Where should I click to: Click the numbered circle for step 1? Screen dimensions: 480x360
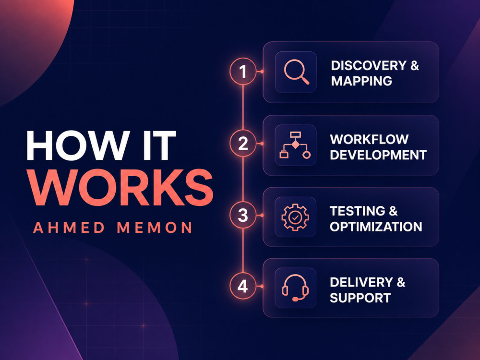coord(243,72)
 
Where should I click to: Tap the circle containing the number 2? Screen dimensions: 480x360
coord(243,143)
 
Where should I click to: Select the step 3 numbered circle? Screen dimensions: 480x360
coord(243,215)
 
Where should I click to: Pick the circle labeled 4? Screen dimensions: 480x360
coord(243,286)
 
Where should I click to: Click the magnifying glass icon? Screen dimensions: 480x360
coord(296,72)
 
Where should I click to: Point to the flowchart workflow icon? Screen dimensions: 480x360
coord(295,145)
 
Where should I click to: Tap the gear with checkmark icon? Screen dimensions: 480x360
coord(295,217)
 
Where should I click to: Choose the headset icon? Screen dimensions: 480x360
coord(295,288)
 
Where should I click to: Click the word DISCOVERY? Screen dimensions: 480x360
coord(369,65)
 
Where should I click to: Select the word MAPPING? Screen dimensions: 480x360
coord(361,81)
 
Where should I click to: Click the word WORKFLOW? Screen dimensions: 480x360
coord(369,139)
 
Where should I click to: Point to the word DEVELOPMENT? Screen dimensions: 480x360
coord(378,155)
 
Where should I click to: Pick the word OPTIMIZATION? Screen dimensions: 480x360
coord(376,227)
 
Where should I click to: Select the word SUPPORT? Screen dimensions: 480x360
coord(360,298)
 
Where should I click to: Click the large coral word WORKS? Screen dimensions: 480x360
coord(121,187)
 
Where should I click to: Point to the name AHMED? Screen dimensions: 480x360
coord(69,228)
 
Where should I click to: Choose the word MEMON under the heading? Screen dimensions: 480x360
coord(155,228)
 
